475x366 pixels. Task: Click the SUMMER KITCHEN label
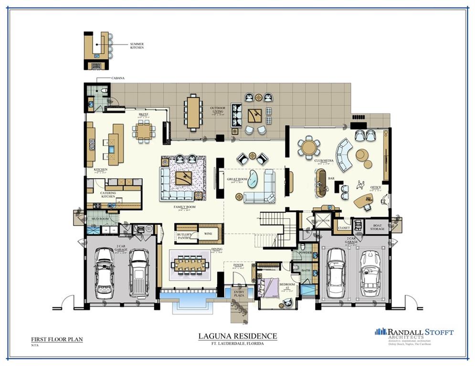pyautogui.click(x=137, y=46)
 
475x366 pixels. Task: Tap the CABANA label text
pyautogui.click(x=105, y=79)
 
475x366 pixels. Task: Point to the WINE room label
pyautogui.click(x=208, y=234)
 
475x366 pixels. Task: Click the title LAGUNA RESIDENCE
pyautogui.click(x=237, y=336)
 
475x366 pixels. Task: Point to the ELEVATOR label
pyautogui.click(x=322, y=221)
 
